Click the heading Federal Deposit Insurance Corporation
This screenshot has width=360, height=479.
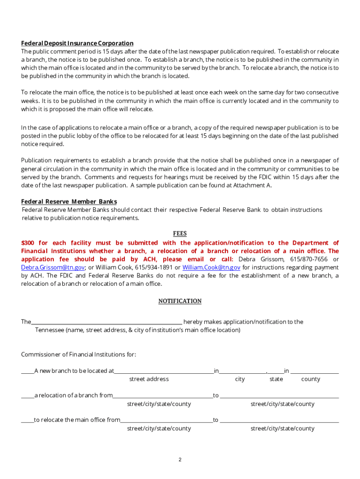tap(77, 43)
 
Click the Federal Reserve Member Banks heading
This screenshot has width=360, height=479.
tap(69, 202)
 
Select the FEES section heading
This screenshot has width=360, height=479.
tap(180, 233)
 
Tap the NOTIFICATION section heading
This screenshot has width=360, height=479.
tap(180, 301)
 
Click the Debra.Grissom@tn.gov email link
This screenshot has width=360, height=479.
tap(53, 268)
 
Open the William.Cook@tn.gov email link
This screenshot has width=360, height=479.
tap(211, 268)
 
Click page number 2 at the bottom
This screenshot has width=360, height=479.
tap(180, 460)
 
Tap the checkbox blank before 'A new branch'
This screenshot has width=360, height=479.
tap(27, 371)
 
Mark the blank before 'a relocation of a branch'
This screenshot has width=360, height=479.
tap(27, 396)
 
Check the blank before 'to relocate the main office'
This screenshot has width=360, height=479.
tap(27, 420)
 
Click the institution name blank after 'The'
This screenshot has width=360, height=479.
tap(107, 322)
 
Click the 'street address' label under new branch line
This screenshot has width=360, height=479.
tap(149, 379)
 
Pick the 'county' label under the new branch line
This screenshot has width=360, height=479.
tap(310, 379)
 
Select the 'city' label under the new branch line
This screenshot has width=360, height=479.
tap(240, 379)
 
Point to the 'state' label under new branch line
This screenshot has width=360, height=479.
tap(276, 379)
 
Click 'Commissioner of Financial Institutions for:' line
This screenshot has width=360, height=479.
tap(79, 354)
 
